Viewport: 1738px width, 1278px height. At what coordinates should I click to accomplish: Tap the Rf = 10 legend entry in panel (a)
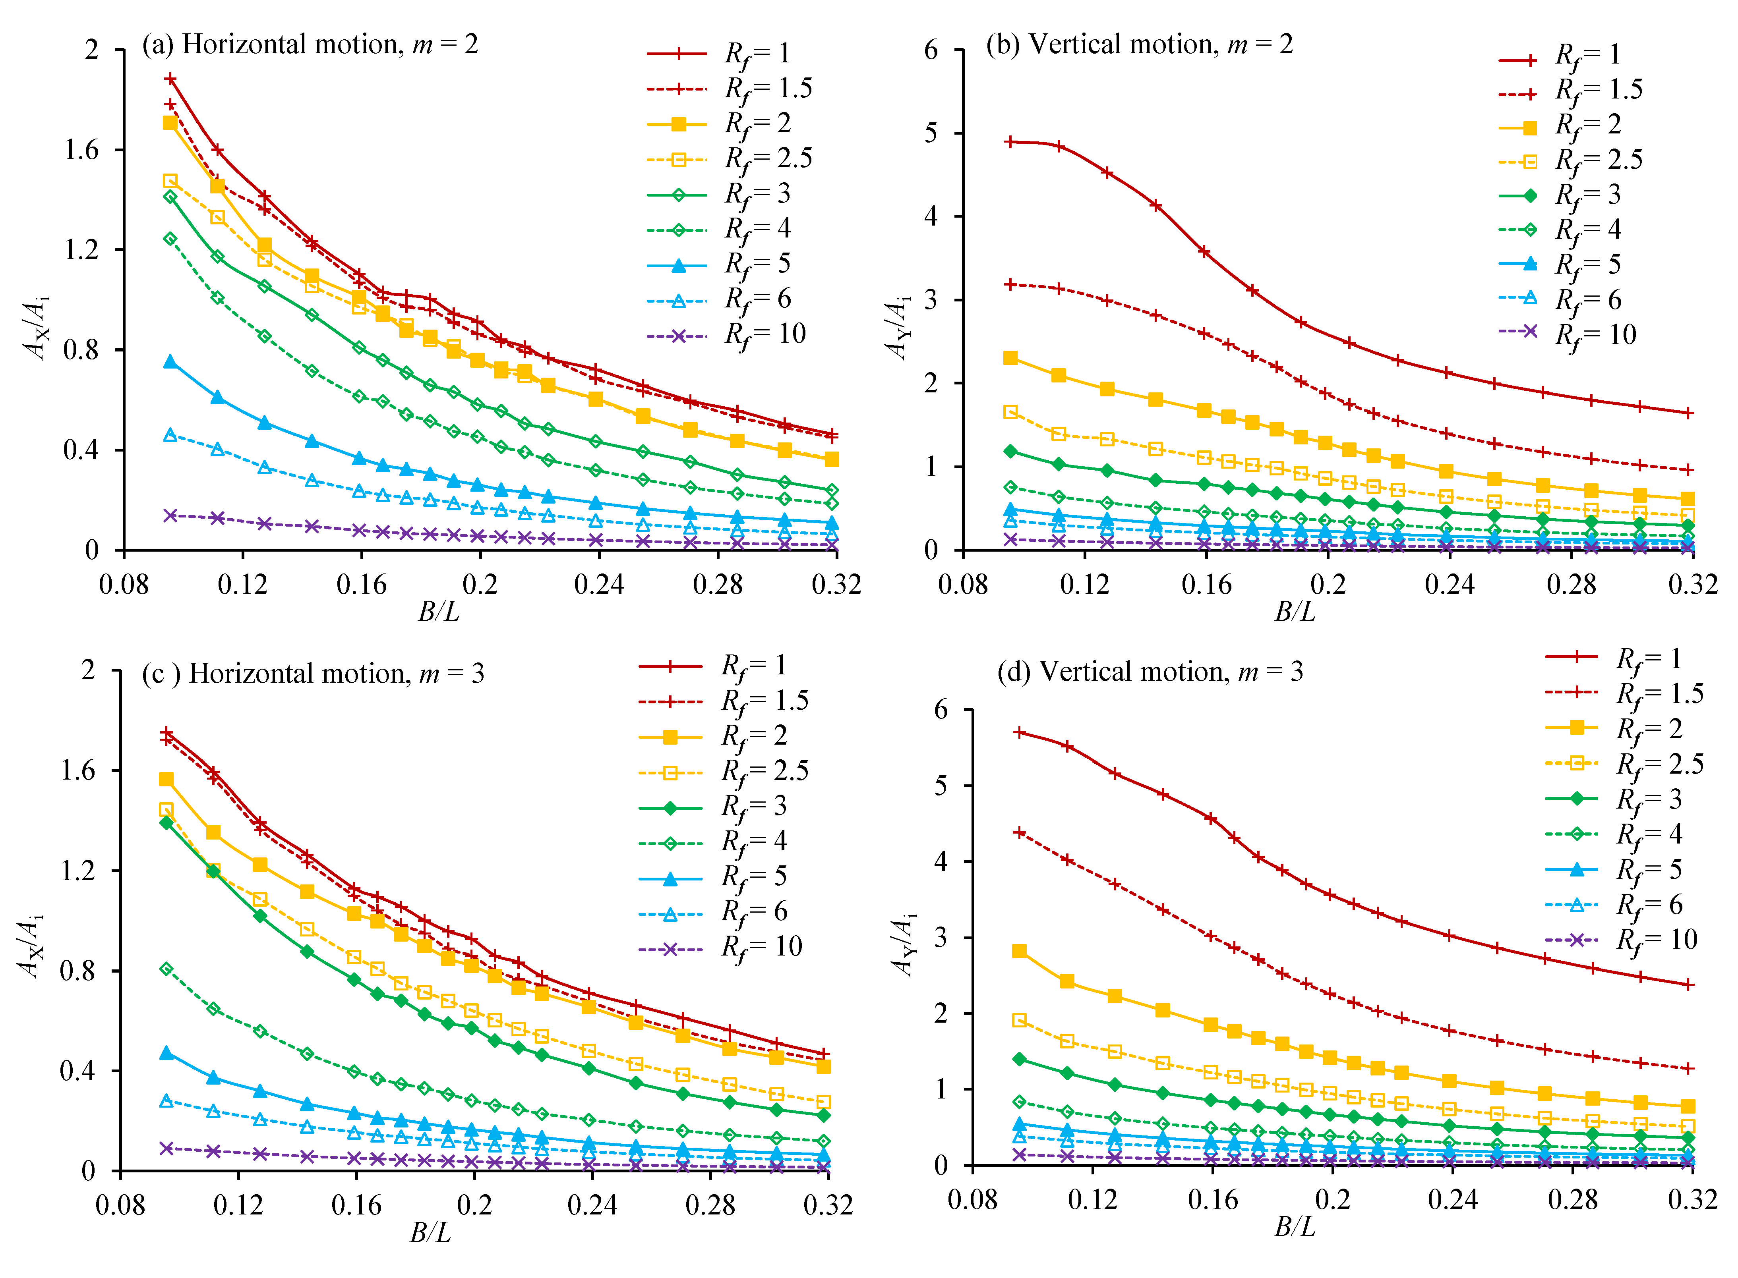[728, 335]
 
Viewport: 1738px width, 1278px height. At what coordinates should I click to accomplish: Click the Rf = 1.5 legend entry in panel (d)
[1625, 694]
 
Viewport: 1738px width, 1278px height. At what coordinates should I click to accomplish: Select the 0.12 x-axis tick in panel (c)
[238, 1205]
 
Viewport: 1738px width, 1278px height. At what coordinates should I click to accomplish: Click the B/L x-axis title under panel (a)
[439, 612]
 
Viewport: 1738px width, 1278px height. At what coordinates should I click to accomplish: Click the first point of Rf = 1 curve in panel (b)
[1010, 141]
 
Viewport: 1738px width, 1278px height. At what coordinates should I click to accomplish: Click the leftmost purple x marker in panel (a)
[170, 515]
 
